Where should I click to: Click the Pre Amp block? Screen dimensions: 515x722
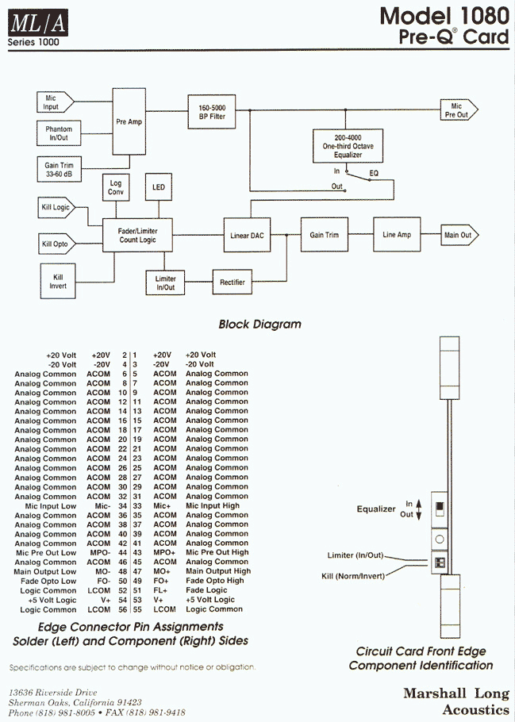pyautogui.click(x=129, y=121)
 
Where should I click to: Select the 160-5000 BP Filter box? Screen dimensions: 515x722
pyautogui.click(x=212, y=112)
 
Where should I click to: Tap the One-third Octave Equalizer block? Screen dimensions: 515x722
pyautogui.click(x=348, y=146)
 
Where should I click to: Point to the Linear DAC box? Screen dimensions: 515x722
pyautogui.click(x=247, y=236)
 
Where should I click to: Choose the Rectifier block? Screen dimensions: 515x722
pyautogui.click(x=233, y=282)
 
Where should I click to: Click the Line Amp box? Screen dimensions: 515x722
pyautogui.click(x=397, y=234)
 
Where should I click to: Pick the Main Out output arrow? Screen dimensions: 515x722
pyautogui.click(x=459, y=235)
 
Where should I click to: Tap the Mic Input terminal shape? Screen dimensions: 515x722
pyautogui.click(x=56, y=102)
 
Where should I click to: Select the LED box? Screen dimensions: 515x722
pyautogui.click(x=159, y=187)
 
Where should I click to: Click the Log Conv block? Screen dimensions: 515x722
pyautogui.click(x=116, y=187)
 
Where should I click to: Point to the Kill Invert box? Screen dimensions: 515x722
pyautogui.click(x=58, y=281)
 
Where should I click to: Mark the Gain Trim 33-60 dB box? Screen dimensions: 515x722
pyautogui.click(x=59, y=170)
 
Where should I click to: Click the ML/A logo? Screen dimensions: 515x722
pyautogui.click(x=38, y=23)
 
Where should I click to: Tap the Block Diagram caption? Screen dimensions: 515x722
pyautogui.click(x=259, y=325)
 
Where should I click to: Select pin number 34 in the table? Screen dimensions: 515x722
pyautogui.click(x=122, y=506)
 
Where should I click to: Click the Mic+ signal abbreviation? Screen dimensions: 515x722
pyautogui.click(x=162, y=505)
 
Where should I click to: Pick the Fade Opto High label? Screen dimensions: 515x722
pyautogui.click(x=215, y=581)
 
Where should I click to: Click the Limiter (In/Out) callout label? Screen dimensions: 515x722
pyautogui.click(x=356, y=555)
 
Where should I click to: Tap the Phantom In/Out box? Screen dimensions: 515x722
pyautogui.click(x=59, y=133)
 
